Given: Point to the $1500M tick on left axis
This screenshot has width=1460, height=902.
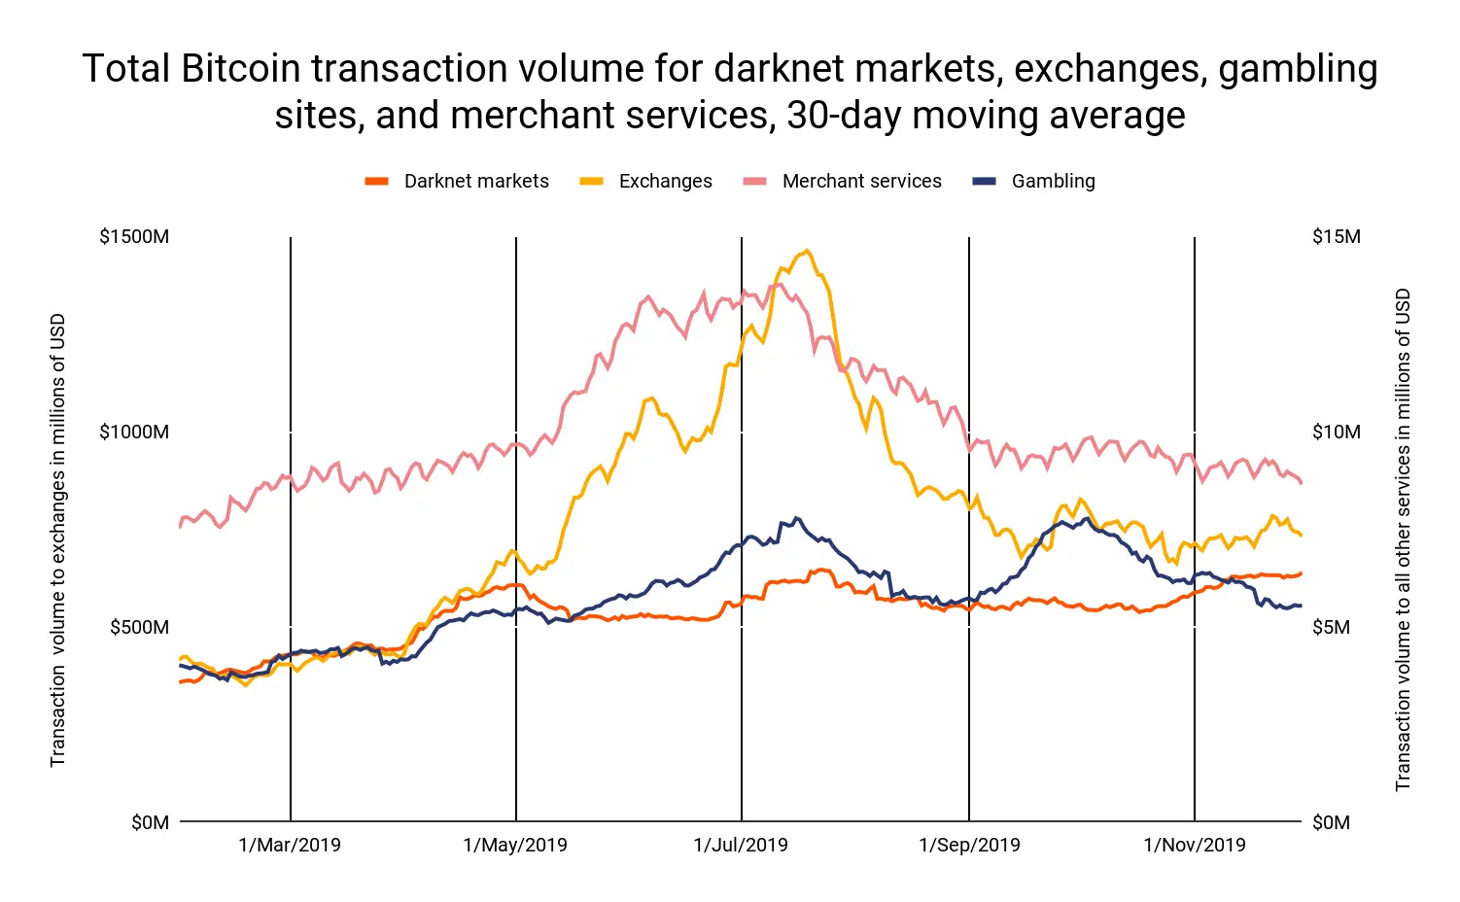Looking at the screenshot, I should (x=134, y=236).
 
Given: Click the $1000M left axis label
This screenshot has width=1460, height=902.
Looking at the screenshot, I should (x=134, y=432).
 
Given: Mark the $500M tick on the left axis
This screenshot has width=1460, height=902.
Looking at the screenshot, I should (x=139, y=627).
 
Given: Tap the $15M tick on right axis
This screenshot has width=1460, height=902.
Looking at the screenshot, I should (x=1337, y=236).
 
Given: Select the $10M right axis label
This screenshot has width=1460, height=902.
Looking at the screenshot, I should (x=1337, y=432).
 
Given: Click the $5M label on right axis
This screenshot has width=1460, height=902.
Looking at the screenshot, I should (x=1332, y=627).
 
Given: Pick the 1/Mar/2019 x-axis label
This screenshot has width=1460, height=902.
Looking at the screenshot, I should (x=290, y=845).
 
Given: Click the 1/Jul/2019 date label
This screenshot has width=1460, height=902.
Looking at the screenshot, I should (x=741, y=845).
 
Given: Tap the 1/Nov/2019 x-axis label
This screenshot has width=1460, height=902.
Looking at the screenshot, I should (x=1195, y=845).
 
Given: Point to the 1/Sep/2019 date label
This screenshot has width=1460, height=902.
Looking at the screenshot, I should (x=969, y=845).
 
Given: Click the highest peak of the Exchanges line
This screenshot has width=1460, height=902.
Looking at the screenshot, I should (x=806, y=251).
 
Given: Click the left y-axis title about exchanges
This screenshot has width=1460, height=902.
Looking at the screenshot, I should (x=58, y=539).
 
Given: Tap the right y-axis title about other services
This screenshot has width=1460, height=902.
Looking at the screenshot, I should (x=1403, y=539).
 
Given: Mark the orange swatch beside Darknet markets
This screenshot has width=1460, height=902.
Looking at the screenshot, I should (x=377, y=181).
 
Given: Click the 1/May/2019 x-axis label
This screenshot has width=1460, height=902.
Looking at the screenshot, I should (x=515, y=845).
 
